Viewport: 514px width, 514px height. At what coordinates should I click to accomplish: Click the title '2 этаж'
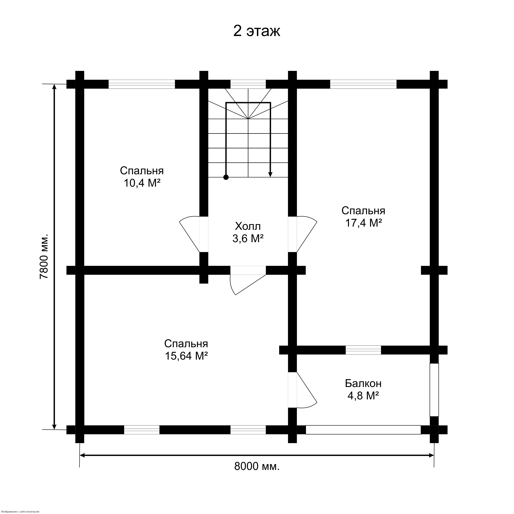point(257,31)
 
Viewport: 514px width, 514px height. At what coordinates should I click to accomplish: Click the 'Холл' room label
point(248,226)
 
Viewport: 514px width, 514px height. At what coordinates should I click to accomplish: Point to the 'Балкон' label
point(363,383)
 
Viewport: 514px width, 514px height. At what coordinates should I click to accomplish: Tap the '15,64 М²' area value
point(186,356)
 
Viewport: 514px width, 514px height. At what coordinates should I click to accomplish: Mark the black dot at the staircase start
point(226,177)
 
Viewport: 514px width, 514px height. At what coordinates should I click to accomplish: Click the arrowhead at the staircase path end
point(270,174)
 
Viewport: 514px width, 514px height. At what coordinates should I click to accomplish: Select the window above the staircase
point(248,84)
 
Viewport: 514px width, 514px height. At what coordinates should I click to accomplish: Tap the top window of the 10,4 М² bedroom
point(142,84)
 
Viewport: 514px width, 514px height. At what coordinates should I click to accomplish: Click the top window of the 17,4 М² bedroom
point(363,84)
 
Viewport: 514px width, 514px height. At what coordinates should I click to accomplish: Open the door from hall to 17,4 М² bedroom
point(303,234)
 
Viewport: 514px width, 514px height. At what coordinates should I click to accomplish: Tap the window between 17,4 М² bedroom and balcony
point(363,350)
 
